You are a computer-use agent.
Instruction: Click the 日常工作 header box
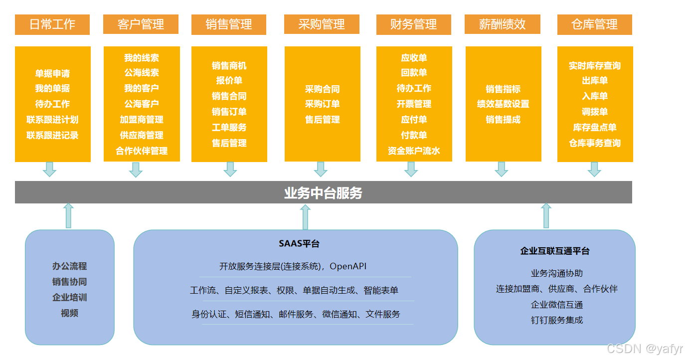(x=52, y=24)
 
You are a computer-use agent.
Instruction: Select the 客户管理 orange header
(x=141, y=24)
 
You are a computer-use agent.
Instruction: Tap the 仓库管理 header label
(x=594, y=24)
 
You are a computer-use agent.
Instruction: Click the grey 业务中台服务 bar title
(x=323, y=193)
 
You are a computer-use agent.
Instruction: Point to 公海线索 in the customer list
(x=142, y=73)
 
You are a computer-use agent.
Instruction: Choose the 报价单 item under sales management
(x=229, y=81)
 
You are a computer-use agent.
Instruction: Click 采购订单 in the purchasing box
(x=322, y=104)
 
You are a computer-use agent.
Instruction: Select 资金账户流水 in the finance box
(x=414, y=151)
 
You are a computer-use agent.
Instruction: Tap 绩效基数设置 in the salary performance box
(x=503, y=104)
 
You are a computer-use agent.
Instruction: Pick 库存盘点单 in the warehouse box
(x=594, y=128)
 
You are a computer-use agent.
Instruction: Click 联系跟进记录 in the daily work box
(x=52, y=135)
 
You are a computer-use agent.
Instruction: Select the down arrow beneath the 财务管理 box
(x=411, y=169)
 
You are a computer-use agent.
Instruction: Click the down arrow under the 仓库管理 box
(x=594, y=169)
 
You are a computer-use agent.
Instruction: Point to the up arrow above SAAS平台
(x=306, y=217)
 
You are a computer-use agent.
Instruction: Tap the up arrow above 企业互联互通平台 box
(x=546, y=215)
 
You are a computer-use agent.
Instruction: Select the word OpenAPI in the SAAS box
(x=348, y=266)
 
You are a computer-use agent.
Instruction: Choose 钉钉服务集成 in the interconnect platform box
(x=556, y=320)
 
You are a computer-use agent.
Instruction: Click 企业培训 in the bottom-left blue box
(x=70, y=298)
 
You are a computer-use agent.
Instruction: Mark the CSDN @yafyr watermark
(x=645, y=349)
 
